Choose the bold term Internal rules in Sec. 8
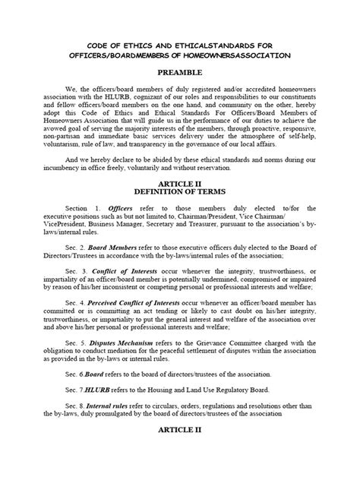(114, 428)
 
